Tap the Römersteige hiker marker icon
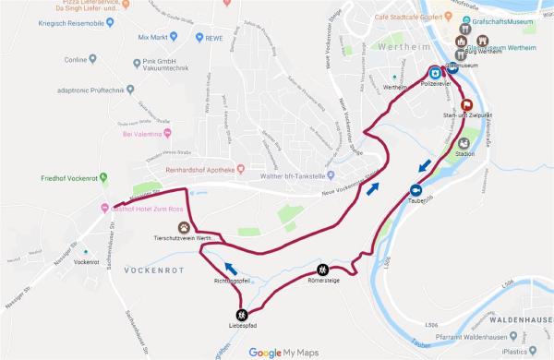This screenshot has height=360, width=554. pyautogui.click(x=317, y=266)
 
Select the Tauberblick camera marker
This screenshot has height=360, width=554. pyautogui.click(x=416, y=190)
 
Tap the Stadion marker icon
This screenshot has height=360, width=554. pyautogui.click(x=464, y=143)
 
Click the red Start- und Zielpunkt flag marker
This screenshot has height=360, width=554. pyautogui.click(x=466, y=106)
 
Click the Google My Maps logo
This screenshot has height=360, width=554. pyautogui.click(x=283, y=352)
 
